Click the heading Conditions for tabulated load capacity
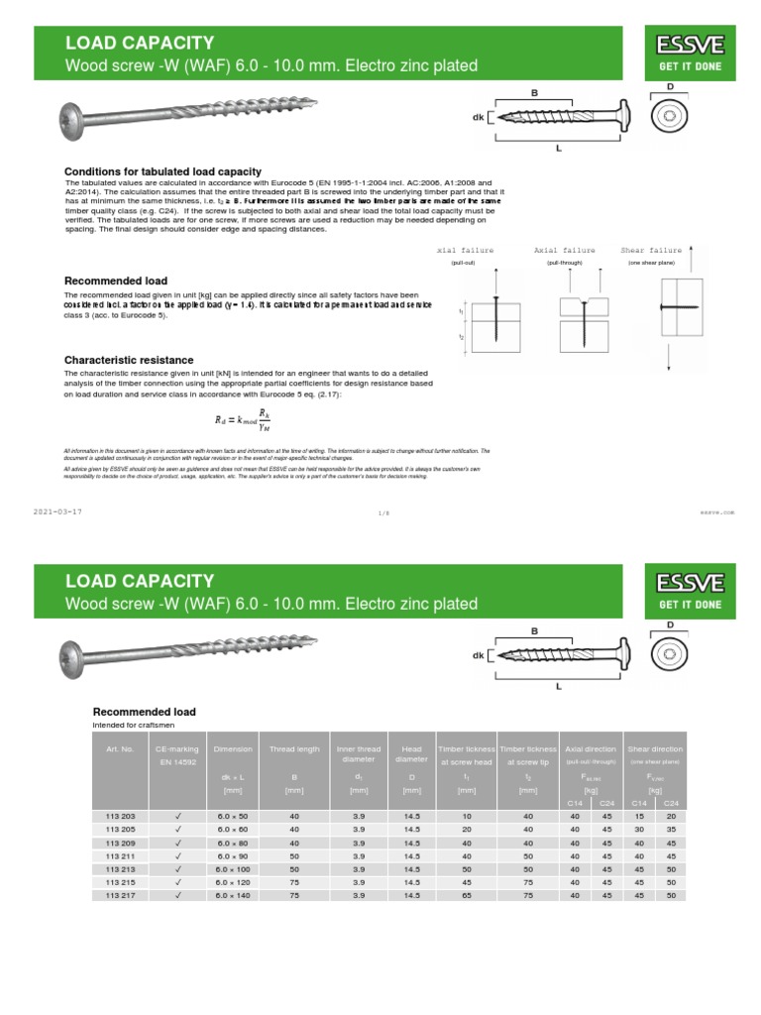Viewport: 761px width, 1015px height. pyautogui.click(x=163, y=171)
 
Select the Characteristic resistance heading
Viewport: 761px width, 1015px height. pyautogui.click(x=129, y=360)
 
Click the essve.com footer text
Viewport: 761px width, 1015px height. pyautogui.click(x=717, y=512)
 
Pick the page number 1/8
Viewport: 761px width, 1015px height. pyautogui.click(x=384, y=513)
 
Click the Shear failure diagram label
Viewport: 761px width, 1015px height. pyautogui.click(x=651, y=251)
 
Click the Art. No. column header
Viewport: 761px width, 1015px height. pyautogui.click(x=120, y=749)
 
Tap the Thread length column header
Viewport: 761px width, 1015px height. pyautogui.click(x=294, y=749)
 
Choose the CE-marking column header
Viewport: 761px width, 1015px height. pyautogui.click(x=177, y=749)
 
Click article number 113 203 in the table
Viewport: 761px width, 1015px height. pyautogui.click(x=120, y=815)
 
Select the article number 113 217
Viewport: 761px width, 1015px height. pyautogui.click(x=120, y=895)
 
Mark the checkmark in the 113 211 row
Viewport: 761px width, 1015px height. pyautogui.click(x=178, y=854)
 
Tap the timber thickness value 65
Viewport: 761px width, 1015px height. pyautogui.click(x=466, y=895)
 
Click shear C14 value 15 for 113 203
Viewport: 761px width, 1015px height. pyautogui.click(x=638, y=815)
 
